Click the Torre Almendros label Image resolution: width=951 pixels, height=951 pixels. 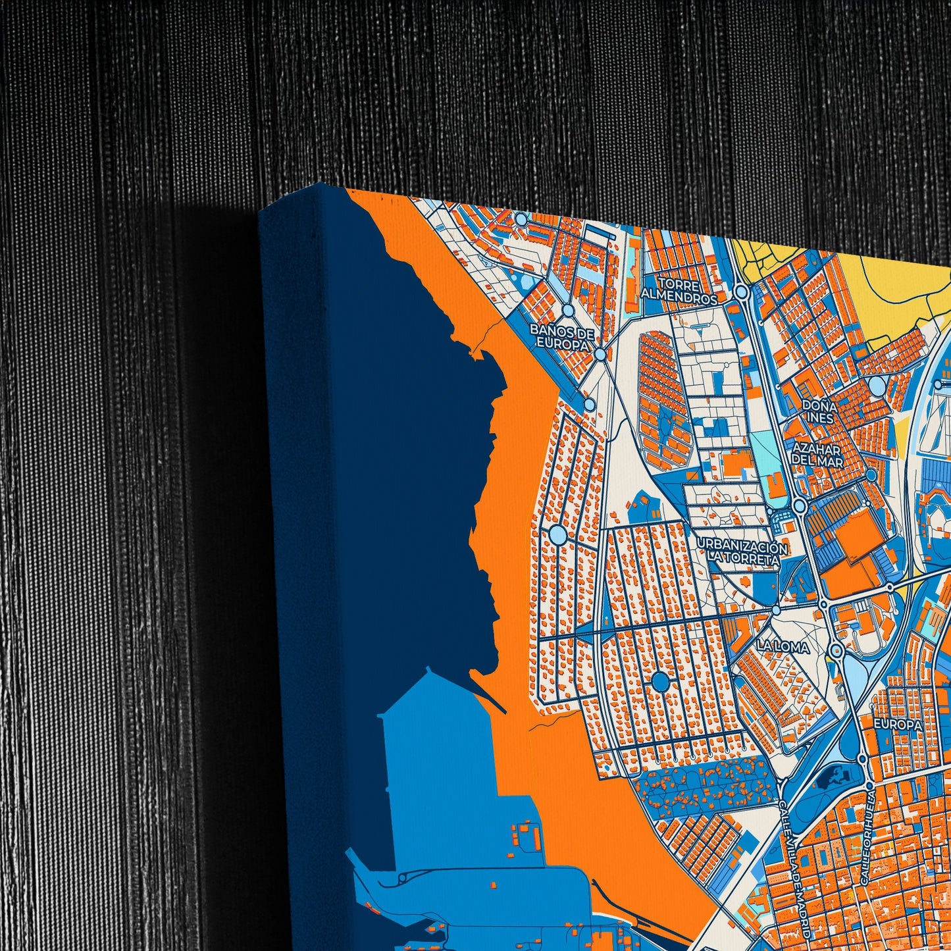click(679, 292)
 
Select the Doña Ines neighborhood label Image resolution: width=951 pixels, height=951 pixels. click(819, 412)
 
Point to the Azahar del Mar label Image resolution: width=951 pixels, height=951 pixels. click(817, 455)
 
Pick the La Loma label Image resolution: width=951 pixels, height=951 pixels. click(783, 647)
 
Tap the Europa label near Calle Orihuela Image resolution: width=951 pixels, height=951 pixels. click(897, 724)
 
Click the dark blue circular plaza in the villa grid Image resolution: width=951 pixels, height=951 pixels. click(660, 681)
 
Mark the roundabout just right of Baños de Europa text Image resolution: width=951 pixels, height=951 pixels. click(600, 355)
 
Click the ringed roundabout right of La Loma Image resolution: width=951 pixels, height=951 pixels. click(836, 651)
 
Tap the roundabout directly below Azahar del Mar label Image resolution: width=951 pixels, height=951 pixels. click(800, 505)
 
